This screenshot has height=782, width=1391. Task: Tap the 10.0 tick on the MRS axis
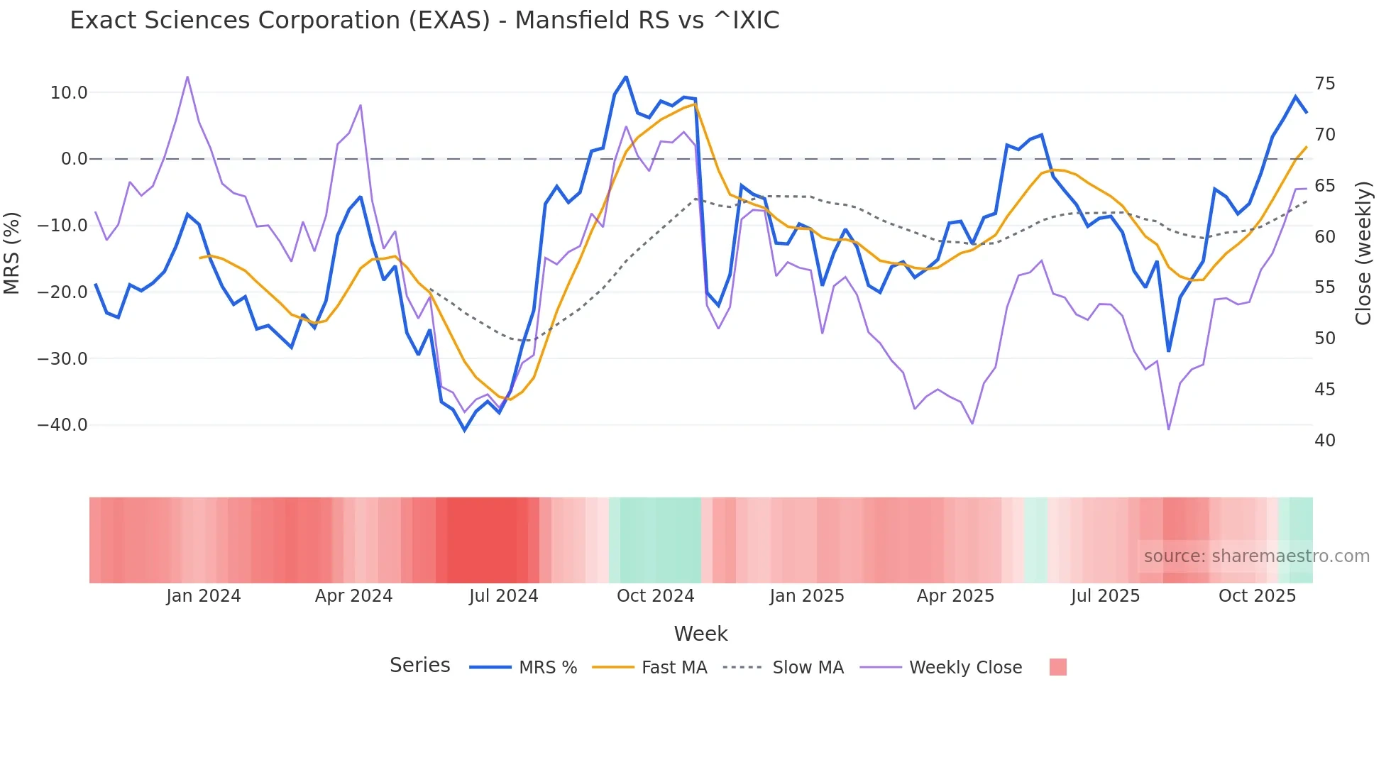pyautogui.click(x=69, y=92)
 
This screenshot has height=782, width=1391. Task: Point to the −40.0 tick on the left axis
pyautogui.click(x=62, y=425)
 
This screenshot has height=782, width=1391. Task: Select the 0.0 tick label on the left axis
pyautogui.click(x=74, y=159)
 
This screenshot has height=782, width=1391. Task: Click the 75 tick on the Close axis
pyautogui.click(x=1324, y=84)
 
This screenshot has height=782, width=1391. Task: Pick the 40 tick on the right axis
pyautogui.click(x=1324, y=441)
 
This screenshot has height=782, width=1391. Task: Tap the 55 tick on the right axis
pyautogui.click(x=1324, y=287)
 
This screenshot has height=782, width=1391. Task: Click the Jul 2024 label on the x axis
pyautogui.click(x=503, y=596)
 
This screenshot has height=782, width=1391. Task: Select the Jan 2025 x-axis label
pyautogui.click(x=806, y=596)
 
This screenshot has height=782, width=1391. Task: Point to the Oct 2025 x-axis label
pyautogui.click(x=1257, y=596)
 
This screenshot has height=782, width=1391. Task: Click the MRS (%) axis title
pyautogui.click(x=12, y=253)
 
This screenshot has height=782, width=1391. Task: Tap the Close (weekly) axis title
pyautogui.click(x=1363, y=253)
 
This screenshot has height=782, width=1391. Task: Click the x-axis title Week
pyautogui.click(x=700, y=634)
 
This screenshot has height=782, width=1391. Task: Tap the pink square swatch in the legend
pyautogui.click(x=1057, y=667)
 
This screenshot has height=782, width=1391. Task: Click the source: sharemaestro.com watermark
pyautogui.click(x=1256, y=556)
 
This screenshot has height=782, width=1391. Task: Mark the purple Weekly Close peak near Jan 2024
pyautogui.click(x=187, y=77)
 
